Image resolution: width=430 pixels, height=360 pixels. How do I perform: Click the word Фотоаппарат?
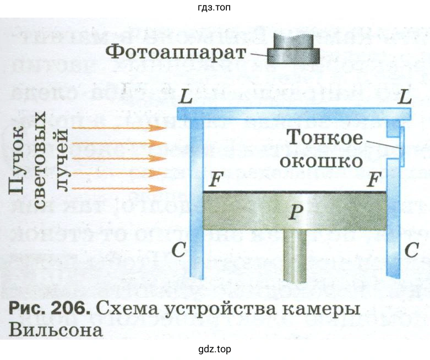[x=175, y=53]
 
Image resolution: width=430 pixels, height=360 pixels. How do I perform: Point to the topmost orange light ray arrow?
[x=119, y=128]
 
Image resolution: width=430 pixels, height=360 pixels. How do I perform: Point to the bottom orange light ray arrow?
[x=119, y=188]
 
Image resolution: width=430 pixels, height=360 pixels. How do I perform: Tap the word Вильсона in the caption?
[x=55, y=330]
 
